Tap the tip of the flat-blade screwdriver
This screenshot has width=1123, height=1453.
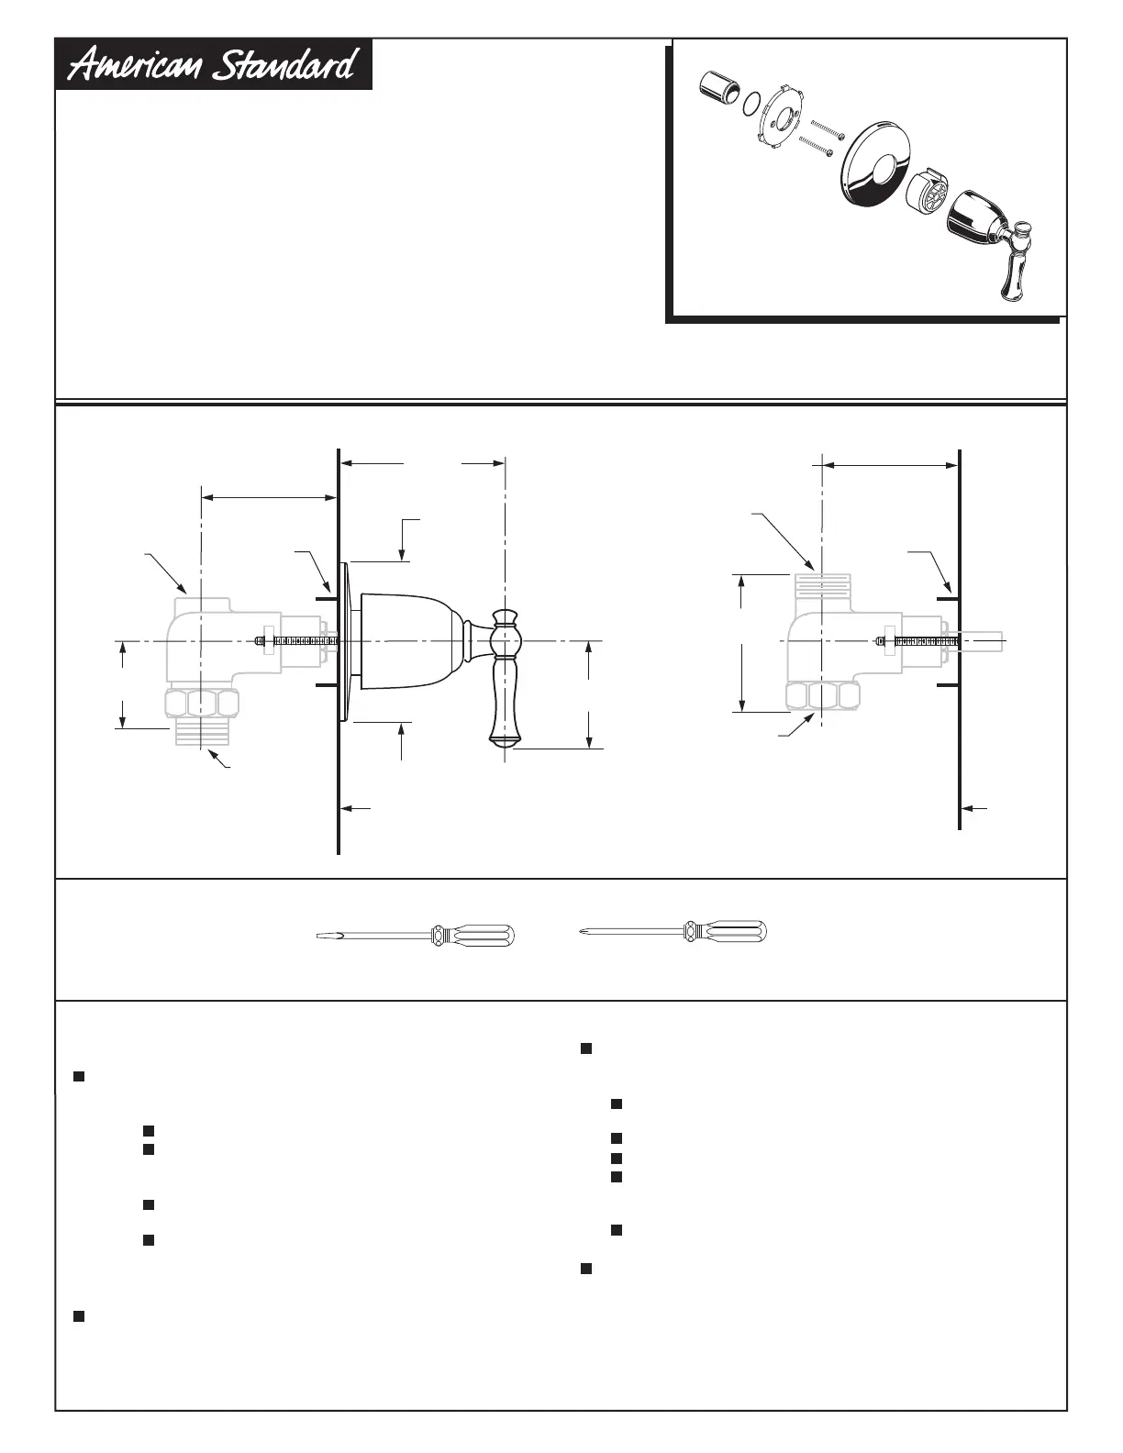[x=321, y=936]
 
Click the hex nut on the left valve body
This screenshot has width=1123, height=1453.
[x=202, y=704]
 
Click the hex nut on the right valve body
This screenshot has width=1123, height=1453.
[x=823, y=696]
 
